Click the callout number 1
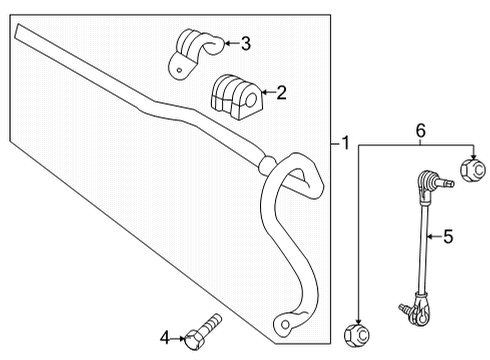(346, 144)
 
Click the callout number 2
(282, 94)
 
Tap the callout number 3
(246, 42)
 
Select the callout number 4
(165, 338)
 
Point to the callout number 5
(448, 236)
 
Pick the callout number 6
(421, 129)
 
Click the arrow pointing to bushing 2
(263, 95)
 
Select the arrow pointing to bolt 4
(181, 338)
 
